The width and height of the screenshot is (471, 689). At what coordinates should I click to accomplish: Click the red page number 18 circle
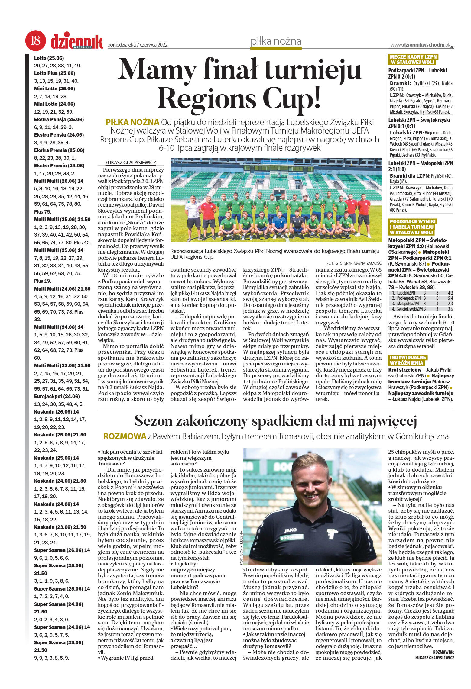coord(36,40)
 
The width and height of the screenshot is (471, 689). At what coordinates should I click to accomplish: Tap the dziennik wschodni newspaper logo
coord(77,42)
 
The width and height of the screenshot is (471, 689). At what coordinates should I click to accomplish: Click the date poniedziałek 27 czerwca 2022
coord(138,45)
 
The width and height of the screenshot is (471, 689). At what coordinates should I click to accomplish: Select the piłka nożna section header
coord(276,41)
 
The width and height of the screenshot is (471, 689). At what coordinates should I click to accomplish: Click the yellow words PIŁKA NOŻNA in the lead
coord(132,122)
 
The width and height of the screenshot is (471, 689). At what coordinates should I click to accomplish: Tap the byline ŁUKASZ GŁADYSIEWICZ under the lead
coord(131,163)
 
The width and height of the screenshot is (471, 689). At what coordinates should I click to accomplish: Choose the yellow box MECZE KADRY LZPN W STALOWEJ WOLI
coord(413,60)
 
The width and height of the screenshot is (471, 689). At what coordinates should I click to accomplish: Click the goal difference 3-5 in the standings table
coord(450,309)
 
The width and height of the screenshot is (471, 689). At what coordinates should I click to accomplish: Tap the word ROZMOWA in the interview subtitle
coord(125,436)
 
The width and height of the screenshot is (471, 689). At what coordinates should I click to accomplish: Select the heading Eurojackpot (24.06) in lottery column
coord(57,396)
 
